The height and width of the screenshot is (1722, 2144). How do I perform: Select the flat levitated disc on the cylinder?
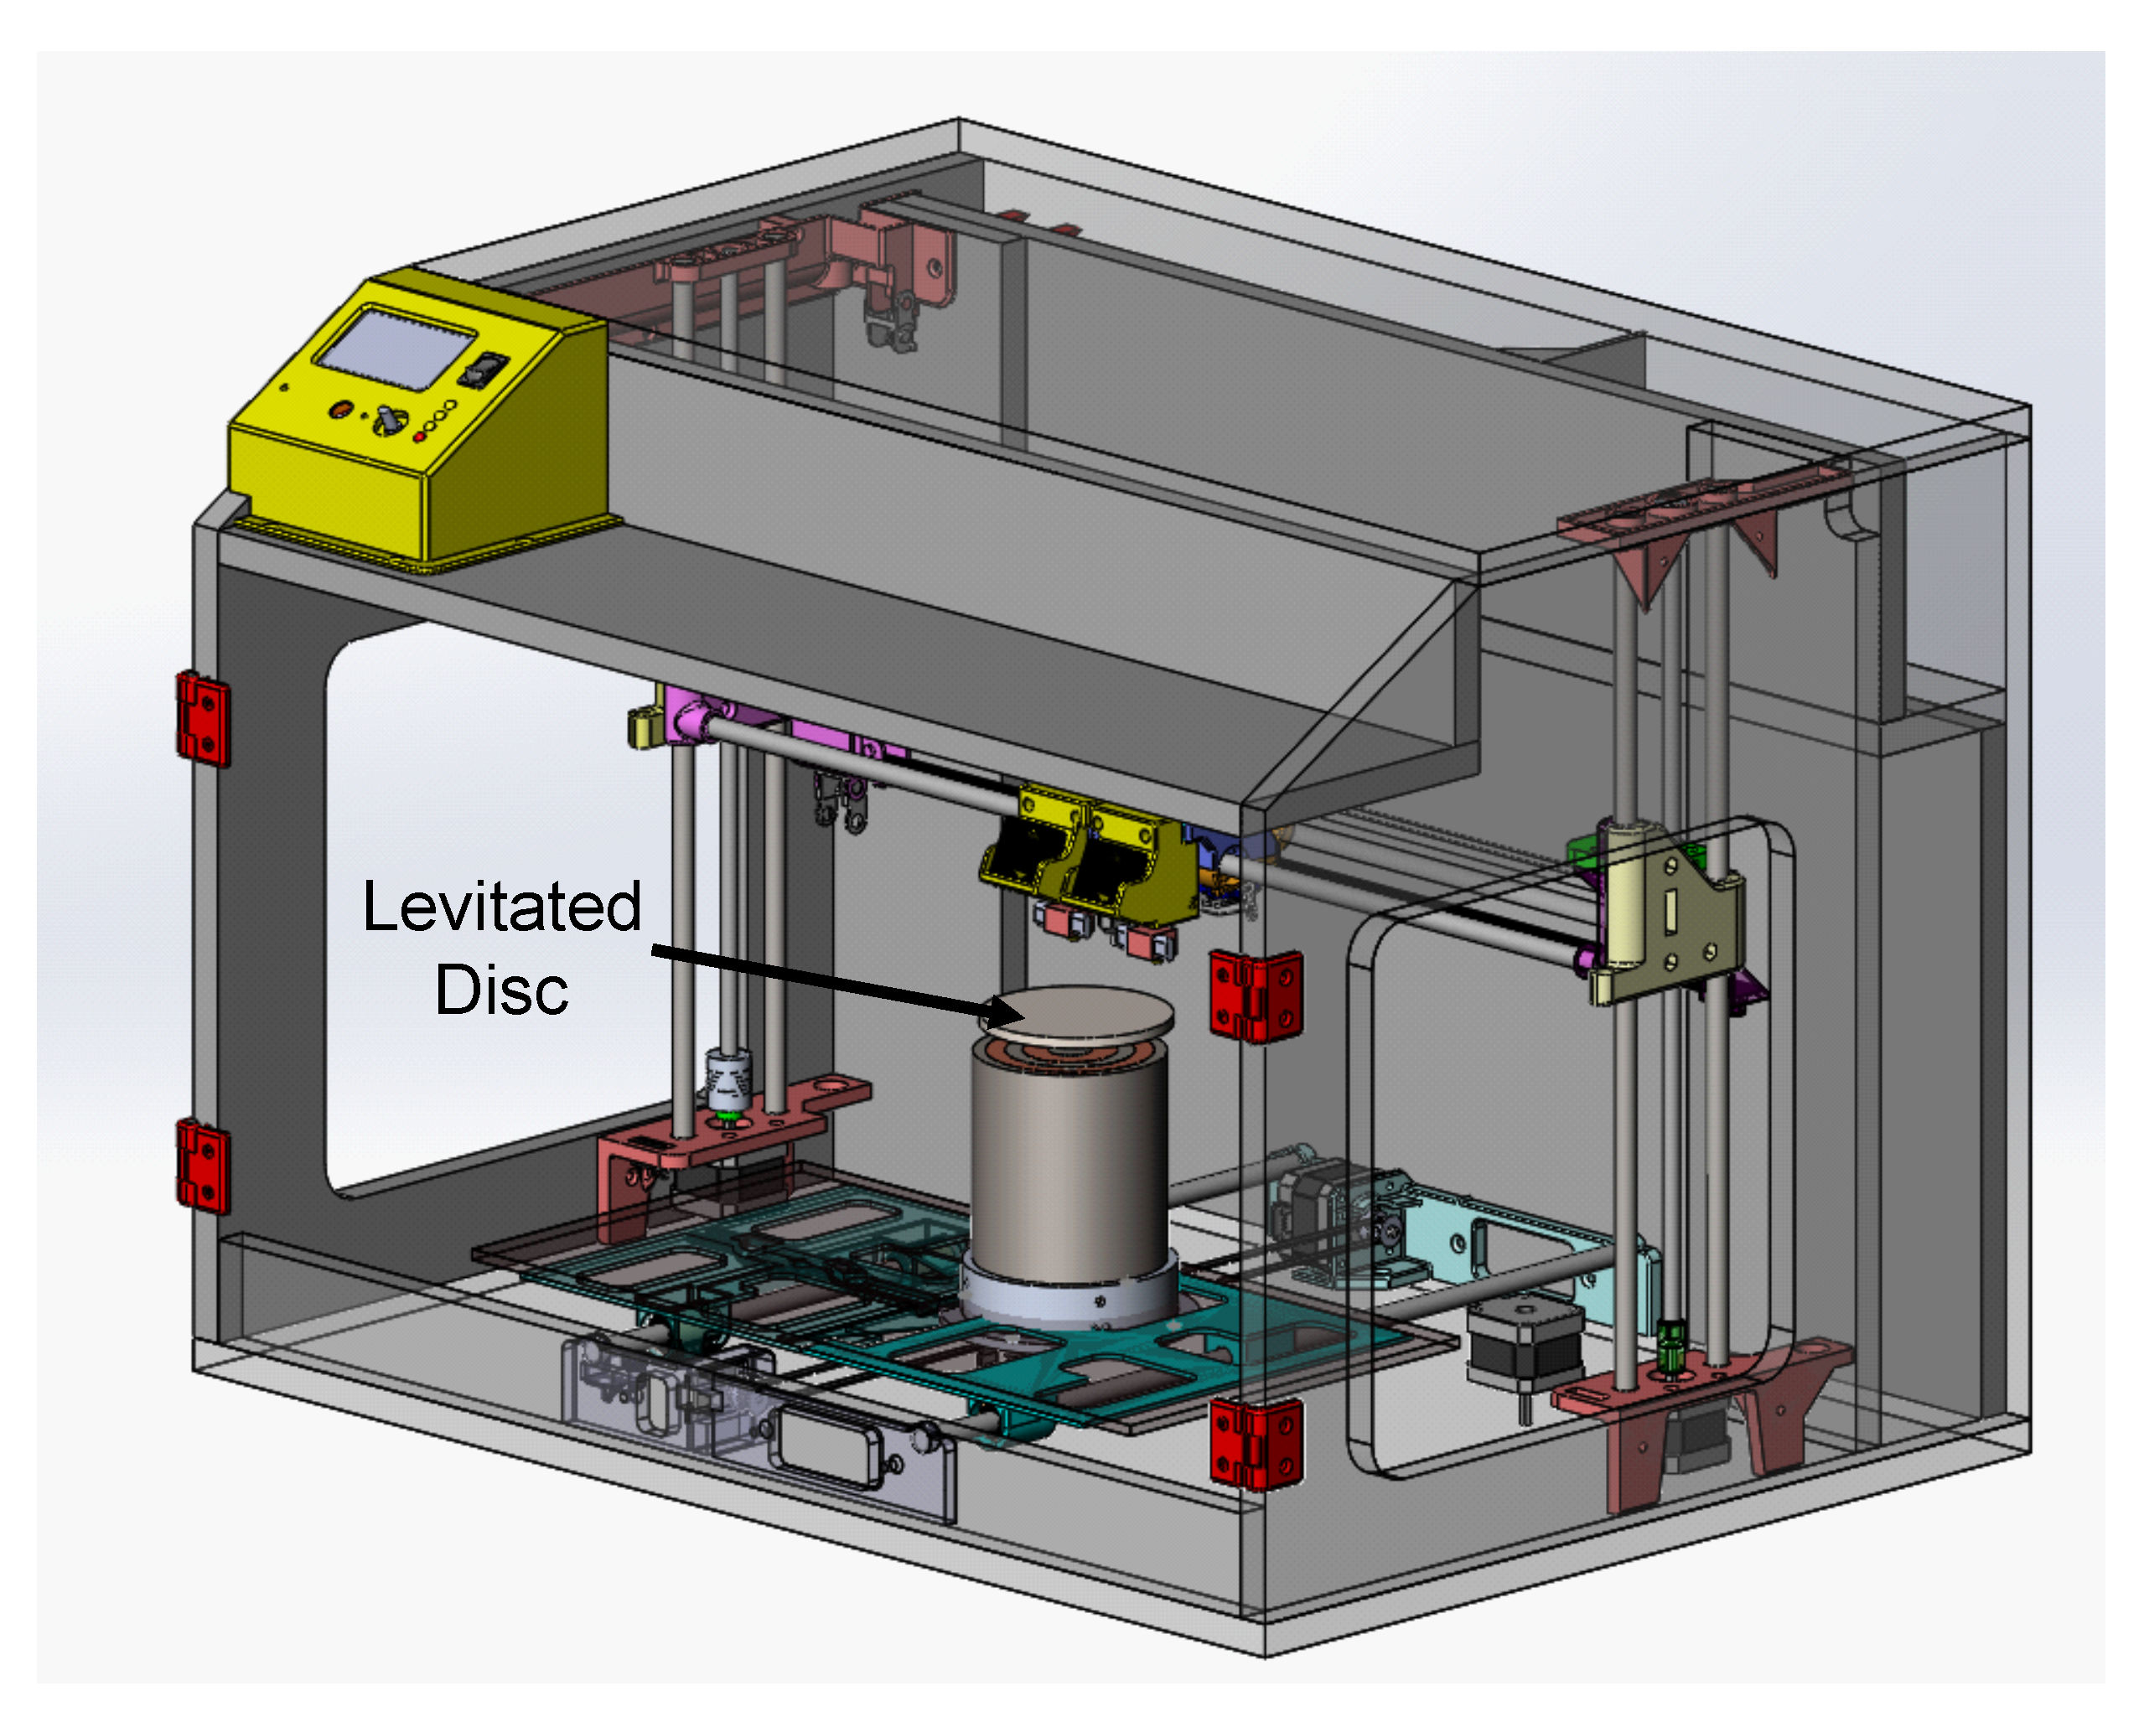pos(1078,1014)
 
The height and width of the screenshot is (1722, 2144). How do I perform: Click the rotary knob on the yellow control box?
pos(387,419)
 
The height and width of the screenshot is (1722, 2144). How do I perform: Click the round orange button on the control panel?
pos(341,409)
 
